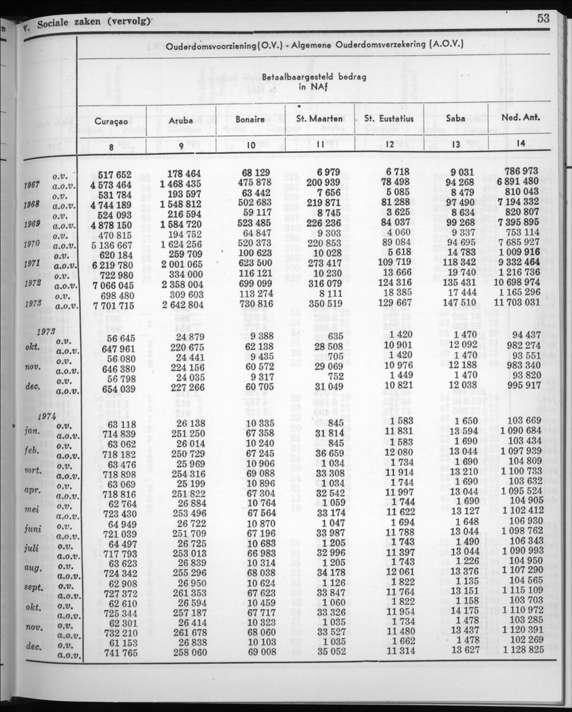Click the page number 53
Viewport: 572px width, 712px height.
pyautogui.click(x=543, y=19)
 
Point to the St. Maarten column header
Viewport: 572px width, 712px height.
pyautogui.click(x=320, y=120)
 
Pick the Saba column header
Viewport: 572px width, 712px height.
pyautogui.click(x=456, y=119)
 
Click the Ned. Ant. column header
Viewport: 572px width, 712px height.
pyautogui.click(x=522, y=119)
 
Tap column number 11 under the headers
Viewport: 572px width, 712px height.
pyautogui.click(x=320, y=143)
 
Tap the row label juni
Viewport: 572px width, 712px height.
pyautogui.click(x=33, y=528)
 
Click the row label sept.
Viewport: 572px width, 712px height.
pyautogui.click(x=32, y=586)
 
